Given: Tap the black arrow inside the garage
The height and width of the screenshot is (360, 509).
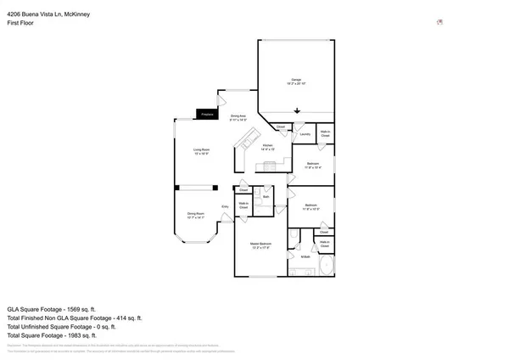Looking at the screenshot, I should click(x=298, y=110).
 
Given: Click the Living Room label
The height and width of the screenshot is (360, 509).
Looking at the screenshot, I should click(x=200, y=152).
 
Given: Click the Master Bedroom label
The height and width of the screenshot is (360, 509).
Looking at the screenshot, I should click(x=260, y=246).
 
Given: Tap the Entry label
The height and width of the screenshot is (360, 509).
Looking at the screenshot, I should click(x=226, y=206).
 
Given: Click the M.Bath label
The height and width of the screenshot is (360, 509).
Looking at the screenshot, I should click(x=305, y=256).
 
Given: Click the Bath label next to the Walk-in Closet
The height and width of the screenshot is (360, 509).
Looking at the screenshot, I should click(x=266, y=197).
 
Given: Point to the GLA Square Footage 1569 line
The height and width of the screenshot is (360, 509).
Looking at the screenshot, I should click(x=52, y=309).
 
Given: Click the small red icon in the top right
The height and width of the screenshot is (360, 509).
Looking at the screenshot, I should click(x=439, y=23).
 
